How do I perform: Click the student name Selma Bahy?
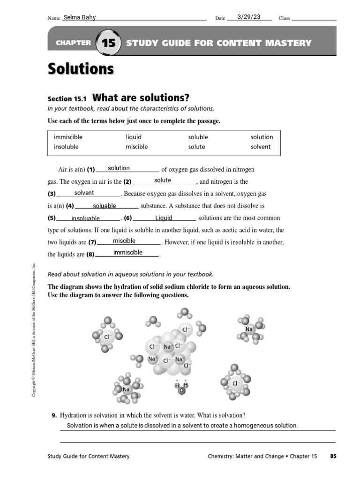[x=79, y=18]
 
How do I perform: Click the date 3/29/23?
[x=249, y=17]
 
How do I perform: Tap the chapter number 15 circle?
[x=108, y=43]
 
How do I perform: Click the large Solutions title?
[x=81, y=69]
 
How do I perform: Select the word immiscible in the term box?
[x=68, y=137]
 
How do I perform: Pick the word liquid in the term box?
[x=134, y=137]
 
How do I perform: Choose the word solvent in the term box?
[x=261, y=147]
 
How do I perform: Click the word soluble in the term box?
[x=198, y=137]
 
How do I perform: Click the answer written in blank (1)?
[x=119, y=168]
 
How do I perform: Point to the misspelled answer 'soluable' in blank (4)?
[x=104, y=206]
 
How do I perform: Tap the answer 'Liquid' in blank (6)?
[x=164, y=218]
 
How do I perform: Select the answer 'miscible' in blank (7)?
[x=124, y=240]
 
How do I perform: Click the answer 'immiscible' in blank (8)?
[x=127, y=253]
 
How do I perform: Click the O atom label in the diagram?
[x=181, y=390]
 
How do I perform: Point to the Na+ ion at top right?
[x=250, y=330]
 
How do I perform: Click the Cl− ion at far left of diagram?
[x=107, y=337]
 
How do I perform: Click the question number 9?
[x=54, y=415]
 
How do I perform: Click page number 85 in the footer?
[x=333, y=456]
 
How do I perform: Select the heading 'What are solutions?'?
[x=141, y=98]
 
